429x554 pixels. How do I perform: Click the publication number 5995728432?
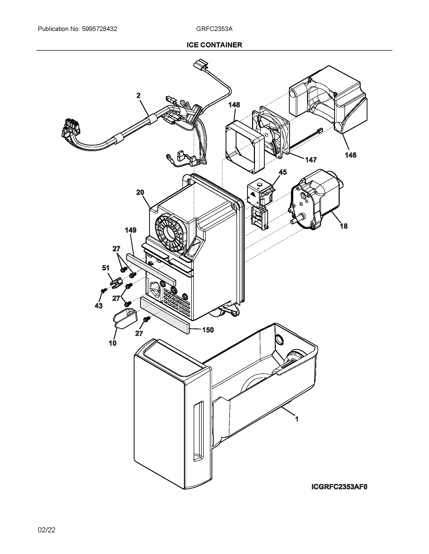(x=99, y=29)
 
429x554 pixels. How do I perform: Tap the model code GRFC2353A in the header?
(x=214, y=29)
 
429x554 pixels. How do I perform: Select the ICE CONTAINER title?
(x=214, y=45)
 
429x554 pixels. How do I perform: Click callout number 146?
(x=351, y=155)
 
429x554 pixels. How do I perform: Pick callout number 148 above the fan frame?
(x=234, y=105)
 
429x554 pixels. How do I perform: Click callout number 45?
(x=282, y=172)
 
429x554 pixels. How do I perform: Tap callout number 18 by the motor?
(x=344, y=226)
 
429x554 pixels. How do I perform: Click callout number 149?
(x=131, y=230)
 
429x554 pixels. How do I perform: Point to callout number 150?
(x=208, y=330)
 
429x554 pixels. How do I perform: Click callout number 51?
(x=106, y=268)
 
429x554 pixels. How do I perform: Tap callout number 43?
(x=99, y=306)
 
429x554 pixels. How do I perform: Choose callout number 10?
(x=113, y=343)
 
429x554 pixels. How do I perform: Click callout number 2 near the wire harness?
(x=139, y=95)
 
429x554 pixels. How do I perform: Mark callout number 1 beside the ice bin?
(x=297, y=419)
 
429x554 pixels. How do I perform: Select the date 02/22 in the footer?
(x=46, y=530)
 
